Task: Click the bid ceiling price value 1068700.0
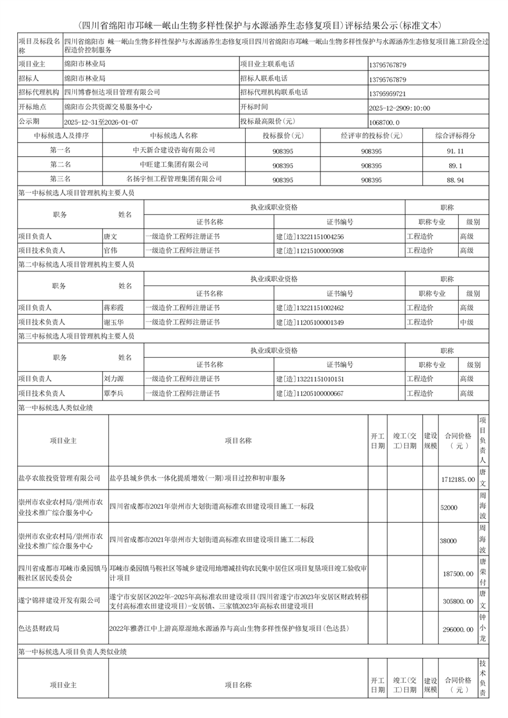coord(385,122)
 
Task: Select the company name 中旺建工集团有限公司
coord(174,164)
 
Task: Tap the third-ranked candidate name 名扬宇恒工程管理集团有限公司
coord(174,179)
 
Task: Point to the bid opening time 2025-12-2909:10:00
coord(400,108)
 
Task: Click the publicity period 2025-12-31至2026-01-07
coord(101,122)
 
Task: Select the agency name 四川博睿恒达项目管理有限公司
coord(112,93)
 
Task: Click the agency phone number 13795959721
coord(388,93)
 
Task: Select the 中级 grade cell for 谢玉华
coord(467,322)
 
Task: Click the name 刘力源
coord(114,379)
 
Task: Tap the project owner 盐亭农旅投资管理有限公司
coord(59,478)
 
